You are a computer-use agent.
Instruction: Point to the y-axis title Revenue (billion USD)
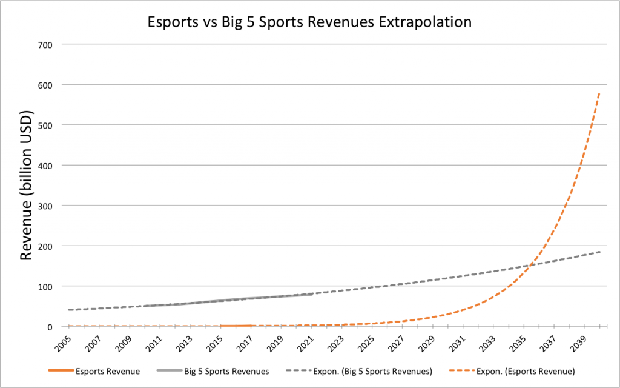[x=26, y=185]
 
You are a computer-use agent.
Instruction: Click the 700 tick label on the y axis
[x=45, y=44]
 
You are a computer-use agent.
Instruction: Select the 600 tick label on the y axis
[x=45, y=85]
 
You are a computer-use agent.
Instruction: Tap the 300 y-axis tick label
[x=45, y=206]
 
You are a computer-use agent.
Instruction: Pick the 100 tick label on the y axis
[x=45, y=286]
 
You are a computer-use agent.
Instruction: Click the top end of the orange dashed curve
[x=599, y=92]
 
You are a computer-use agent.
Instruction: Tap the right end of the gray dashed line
[x=600, y=252]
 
